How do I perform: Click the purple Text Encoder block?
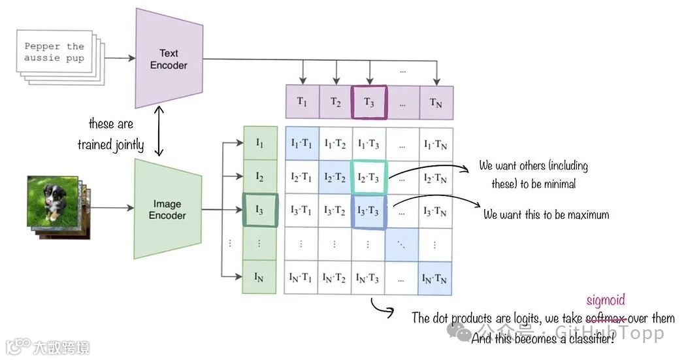(x=168, y=59)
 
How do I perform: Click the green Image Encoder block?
(x=167, y=209)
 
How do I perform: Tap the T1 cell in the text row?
(x=302, y=102)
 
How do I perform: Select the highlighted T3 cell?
(x=369, y=102)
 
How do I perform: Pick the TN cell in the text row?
(x=436, y=102)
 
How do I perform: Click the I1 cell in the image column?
(x=259, y=143)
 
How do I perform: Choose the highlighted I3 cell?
(x=259, y=210)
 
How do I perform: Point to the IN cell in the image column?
(x=259, y=276)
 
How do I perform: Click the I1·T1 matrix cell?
(x=302, y=144)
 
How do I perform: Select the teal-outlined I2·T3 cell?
(x=369, y=177)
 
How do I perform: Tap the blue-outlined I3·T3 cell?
(x=369, y=210)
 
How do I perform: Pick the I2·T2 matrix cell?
(x=335, y=177)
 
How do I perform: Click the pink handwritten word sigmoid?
(x=606, y=301)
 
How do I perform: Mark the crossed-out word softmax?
(x=606, y=318)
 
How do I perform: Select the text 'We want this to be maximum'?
(x=546, y=214)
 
